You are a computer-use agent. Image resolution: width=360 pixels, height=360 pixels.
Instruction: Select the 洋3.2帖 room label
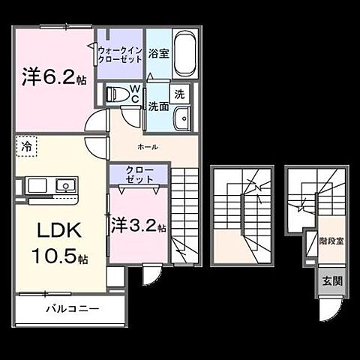tap(139, 224)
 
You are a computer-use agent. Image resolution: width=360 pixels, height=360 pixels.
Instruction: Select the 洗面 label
tap(157, 106)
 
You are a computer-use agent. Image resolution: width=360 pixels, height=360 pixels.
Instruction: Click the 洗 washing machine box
tap(179, 94)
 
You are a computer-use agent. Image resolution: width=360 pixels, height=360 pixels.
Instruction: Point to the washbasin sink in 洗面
tap(180, 119)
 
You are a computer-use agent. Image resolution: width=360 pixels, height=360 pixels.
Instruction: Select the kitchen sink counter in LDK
tap(52, 185)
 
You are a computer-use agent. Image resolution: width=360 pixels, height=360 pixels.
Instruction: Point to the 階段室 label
tap(331, 242)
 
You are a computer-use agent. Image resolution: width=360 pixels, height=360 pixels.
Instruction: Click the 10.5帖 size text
tap(59, 257)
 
